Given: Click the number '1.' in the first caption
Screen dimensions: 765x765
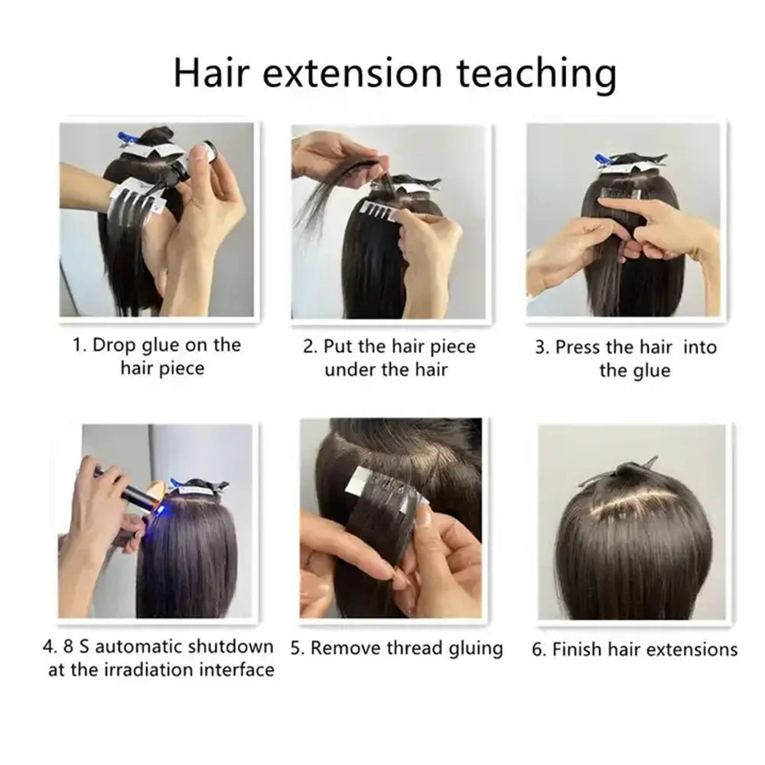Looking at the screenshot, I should click(80, 345).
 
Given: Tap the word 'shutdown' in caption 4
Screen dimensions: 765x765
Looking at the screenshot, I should click(239, 646).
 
